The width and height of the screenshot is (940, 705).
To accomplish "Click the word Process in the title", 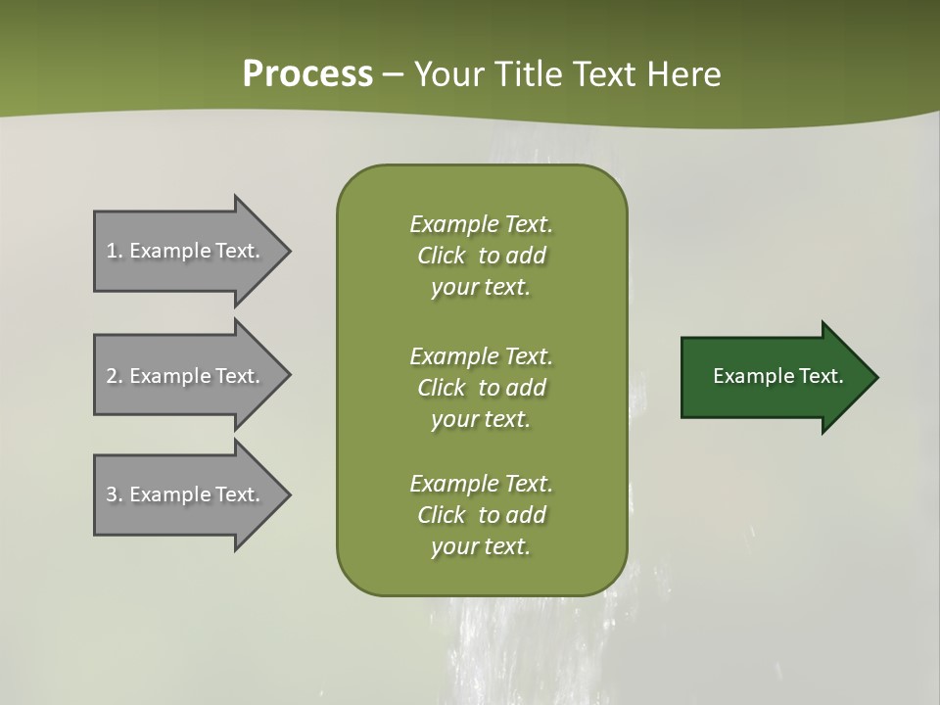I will click(x=307, y=74).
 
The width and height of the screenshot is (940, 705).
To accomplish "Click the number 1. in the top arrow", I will click(x=115, y=251).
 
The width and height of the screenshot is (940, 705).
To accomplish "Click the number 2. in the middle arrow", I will click(x=115, y=376).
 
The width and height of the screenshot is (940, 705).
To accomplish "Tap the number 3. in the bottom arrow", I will click(x=115, y=494).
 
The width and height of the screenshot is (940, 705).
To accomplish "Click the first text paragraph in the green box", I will click(x=481, y=256).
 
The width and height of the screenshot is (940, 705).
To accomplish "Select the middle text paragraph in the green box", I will click(x=481, y=388).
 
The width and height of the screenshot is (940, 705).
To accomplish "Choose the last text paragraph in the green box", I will click(x=481, y=515).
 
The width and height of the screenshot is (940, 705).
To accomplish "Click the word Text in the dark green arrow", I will click(x=821, y=376).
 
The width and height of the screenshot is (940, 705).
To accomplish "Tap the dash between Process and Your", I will click(x=393, y=74).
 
